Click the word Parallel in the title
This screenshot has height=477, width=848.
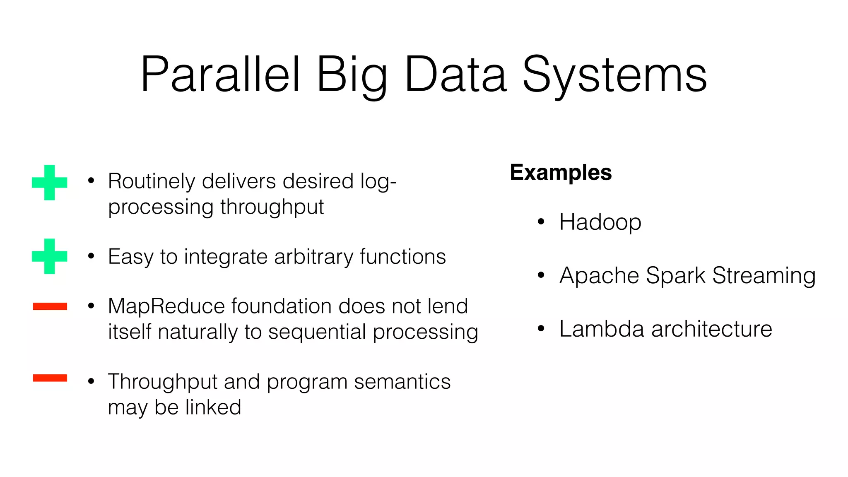[x=220, y=75]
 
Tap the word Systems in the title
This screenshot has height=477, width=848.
[x=614, y=75]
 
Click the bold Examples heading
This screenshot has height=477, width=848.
[x=561, y=172]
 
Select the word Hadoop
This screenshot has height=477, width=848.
[x=600, y=222]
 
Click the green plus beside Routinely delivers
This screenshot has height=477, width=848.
[x=50, y=183]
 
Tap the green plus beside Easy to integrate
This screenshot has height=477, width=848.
[x=50, y=256]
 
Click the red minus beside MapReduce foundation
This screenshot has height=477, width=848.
[x=50, y=306]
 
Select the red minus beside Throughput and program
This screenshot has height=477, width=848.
[x=50, y=378]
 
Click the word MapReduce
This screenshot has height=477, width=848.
[x=166, y=307]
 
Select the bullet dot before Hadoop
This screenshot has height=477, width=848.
[x=541, y=222]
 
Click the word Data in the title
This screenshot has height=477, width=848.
[x=455, y=75]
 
